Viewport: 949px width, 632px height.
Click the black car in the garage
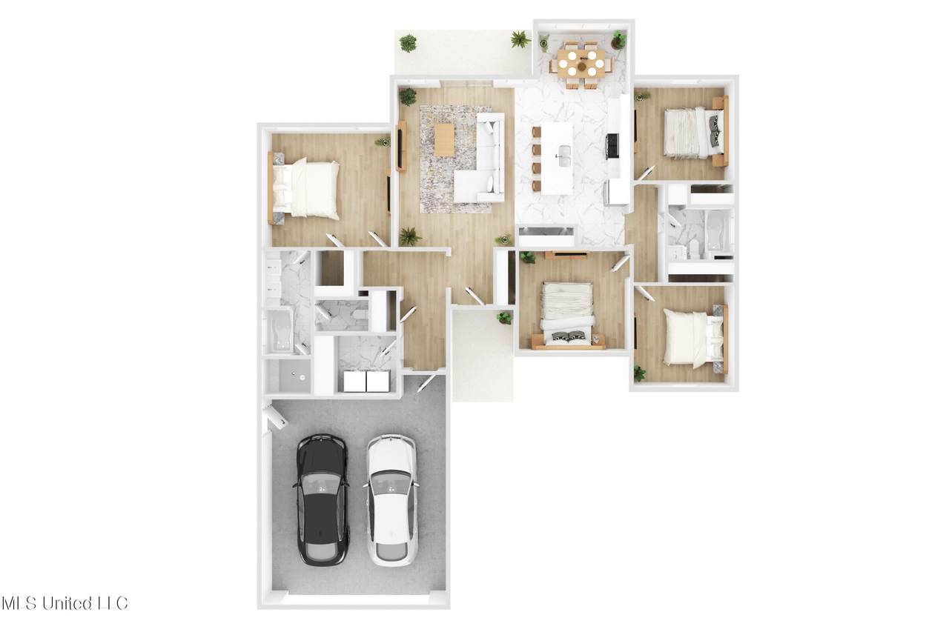coord(323,499)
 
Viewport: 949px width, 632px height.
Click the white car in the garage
coord(391,500)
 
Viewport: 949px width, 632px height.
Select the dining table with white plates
coord(581,63)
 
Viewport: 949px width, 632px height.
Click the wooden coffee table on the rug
coord(444,140)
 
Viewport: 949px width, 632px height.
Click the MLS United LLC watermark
coord(65,603)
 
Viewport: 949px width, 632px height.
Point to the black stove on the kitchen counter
coord(613,146)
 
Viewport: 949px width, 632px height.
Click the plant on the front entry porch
coord(504,317)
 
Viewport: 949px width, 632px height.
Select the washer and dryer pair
coord(366,381)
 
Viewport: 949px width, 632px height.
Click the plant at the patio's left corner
coord(408,43)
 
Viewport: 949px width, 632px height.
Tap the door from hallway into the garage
coord(427,382)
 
